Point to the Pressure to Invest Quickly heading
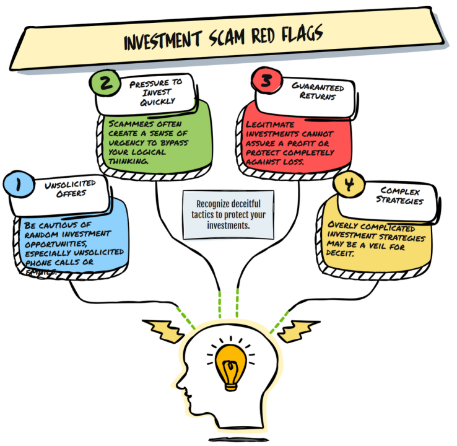[x=156, y=92]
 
